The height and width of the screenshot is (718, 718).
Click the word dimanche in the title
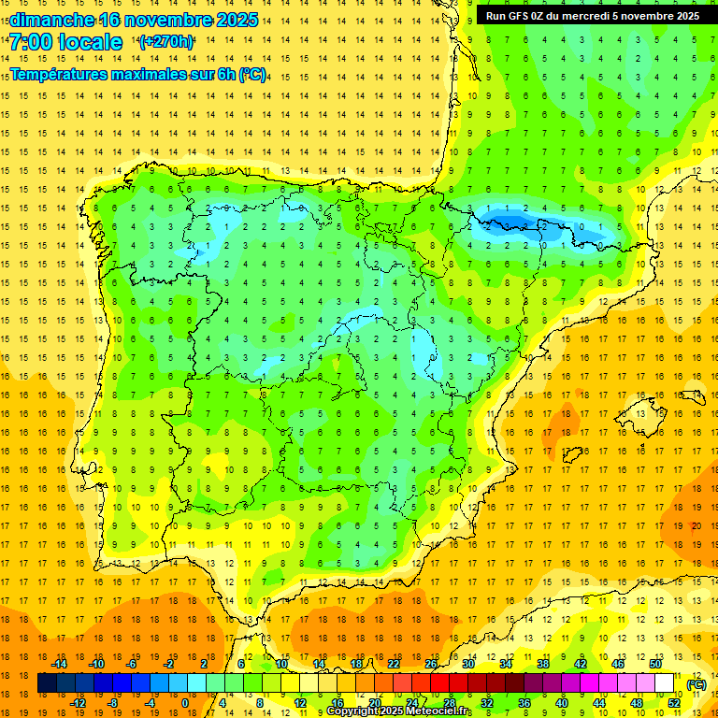51,20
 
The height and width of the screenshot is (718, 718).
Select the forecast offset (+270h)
166,41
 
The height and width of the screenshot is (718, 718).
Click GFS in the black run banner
524,16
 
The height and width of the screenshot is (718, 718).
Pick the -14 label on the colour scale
60,664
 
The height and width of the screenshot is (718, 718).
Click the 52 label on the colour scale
674,703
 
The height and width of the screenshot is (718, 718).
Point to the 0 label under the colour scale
184,703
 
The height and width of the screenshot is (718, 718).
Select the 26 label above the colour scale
431,664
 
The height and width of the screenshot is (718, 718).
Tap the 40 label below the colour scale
562,703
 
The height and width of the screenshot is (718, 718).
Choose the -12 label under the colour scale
79,703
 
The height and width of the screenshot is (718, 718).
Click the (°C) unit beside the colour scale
696,684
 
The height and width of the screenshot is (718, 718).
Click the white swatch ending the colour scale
664,683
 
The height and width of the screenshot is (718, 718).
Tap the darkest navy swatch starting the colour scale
47,683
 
